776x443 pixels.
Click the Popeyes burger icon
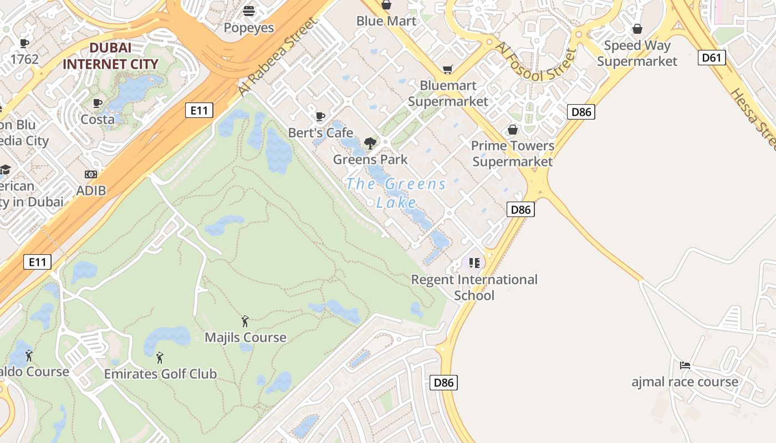pos(249,11)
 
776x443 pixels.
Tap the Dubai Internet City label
pos(110,56)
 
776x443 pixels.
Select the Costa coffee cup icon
pos(98,103)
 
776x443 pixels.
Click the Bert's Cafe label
pos(320,133)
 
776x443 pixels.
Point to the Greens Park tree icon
pos(370,143)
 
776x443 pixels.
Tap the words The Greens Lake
pos(396,193)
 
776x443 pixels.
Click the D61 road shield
pos(712,58)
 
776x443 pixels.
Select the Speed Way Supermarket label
pos(637,53)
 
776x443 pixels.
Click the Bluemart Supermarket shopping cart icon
pos(447,69)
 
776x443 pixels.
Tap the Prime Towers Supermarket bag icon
pos(513,130)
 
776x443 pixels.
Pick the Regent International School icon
pos(474,262)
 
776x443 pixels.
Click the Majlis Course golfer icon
pos(245,321)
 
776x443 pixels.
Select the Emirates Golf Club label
pos(160,374)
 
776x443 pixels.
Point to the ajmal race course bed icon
pos(685,365)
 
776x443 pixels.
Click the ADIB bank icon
pos(91,174)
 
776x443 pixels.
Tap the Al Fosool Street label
pos(536,61)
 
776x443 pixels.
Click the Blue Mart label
pos(386,21)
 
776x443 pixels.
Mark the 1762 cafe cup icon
pos(24,43)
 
